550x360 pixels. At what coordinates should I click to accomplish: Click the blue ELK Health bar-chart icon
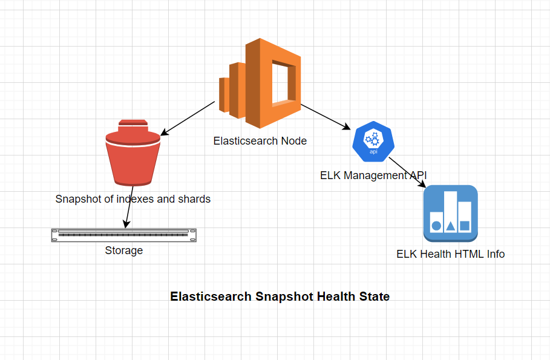(450, 213)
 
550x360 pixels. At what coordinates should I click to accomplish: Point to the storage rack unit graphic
(124, 235)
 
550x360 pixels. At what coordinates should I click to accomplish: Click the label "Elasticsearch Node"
(260, 141)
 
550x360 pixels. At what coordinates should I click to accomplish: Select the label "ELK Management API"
(373, 175)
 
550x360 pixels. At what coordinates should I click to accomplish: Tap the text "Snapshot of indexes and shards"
(133, 198)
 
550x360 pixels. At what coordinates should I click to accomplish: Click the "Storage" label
(124, 250)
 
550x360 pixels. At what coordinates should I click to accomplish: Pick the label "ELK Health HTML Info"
(450, 254)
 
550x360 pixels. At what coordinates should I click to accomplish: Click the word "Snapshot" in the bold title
(283, 296)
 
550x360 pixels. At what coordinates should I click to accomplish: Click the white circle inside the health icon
(437, 226)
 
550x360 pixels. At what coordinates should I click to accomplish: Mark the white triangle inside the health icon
(451, 226)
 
